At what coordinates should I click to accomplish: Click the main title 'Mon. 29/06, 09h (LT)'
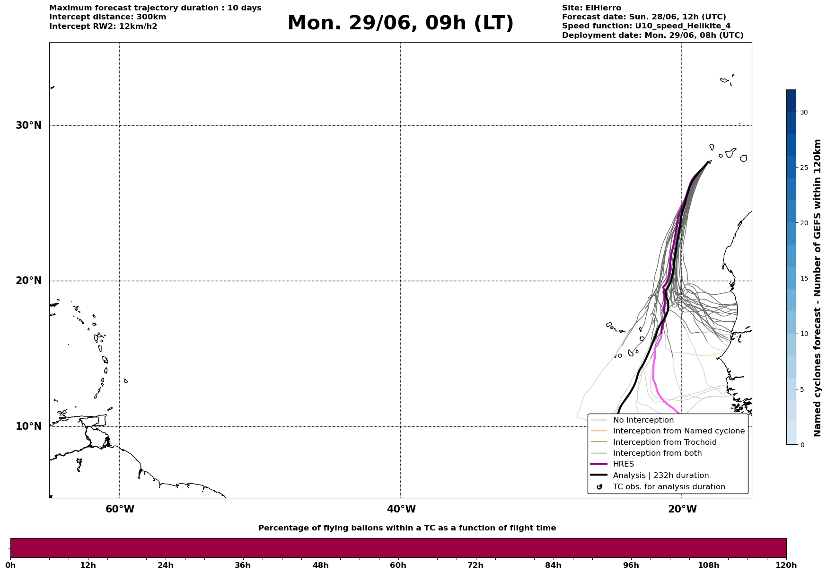click(400, 23)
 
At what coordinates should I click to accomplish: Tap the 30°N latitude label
click(28, 125)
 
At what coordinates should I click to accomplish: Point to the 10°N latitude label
click(28, 426)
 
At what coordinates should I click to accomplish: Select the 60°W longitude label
click(120, 509)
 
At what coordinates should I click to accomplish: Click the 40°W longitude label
click(401, 509)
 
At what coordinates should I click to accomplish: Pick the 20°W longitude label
click(682, 509)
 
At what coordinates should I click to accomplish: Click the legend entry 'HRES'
click(624, 464)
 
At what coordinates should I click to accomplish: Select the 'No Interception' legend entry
click(643, 420)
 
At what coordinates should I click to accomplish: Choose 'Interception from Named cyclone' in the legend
click(679, 431)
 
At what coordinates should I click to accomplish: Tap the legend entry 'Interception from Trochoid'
click(665, 442)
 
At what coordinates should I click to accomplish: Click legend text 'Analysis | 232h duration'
click(661, 476)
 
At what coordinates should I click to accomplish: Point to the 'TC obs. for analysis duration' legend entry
click(669, 487)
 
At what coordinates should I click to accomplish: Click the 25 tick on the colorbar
click(804, 168)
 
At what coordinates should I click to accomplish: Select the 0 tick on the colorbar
click(802, 445)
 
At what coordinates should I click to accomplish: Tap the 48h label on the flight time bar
click(320, 565)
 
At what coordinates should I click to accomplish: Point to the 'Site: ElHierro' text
click(591, 8)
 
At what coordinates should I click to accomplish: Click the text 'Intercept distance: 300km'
click(108, 17)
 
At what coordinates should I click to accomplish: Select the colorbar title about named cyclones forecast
click(818, 288)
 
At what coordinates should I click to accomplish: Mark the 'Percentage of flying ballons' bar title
click(407, 528)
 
